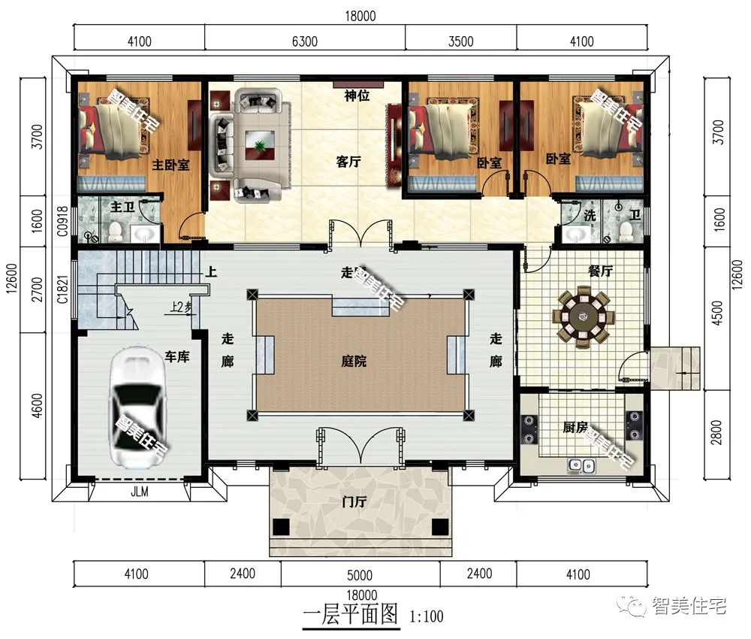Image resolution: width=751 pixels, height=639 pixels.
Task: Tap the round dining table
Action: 583,316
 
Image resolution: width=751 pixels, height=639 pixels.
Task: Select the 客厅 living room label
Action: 348,162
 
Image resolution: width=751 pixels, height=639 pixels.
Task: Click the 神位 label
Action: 357,96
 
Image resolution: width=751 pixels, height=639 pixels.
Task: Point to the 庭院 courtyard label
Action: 354,361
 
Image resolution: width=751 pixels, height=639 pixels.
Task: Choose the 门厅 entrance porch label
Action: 354,502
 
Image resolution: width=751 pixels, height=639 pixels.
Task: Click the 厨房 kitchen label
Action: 575,427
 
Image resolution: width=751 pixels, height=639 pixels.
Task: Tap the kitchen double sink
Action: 581,465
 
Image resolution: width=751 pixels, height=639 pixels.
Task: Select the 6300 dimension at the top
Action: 305,41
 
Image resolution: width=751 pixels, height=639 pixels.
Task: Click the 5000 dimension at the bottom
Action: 360,575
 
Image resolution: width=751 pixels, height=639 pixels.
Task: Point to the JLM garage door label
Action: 140,492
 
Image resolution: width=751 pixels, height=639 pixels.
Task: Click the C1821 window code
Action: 62,289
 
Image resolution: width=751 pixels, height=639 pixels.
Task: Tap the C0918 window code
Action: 62,221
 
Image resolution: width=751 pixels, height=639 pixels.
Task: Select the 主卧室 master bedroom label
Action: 171,165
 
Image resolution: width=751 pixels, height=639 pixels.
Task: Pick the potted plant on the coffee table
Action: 260,146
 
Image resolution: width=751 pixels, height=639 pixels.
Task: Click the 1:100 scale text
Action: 427,616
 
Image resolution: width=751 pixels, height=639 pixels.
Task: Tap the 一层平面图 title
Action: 351,614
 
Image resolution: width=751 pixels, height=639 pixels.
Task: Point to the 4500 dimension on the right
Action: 717,313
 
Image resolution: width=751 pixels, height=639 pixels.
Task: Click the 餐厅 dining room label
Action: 601,271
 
